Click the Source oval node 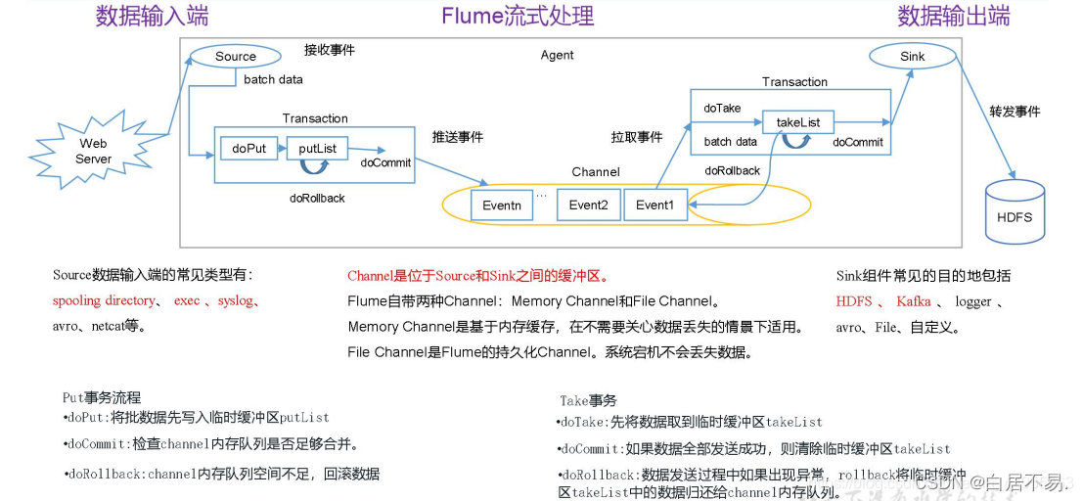235,57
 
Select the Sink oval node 912,57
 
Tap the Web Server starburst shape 94,152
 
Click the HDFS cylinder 1014,212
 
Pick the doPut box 248,149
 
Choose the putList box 317,149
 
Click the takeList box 798,122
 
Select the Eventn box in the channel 502,205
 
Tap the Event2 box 588,205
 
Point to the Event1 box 654,205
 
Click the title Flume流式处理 518,17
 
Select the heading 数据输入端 152,17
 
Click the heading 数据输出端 953,17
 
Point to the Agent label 557,56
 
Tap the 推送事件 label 458,137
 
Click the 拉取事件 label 637,137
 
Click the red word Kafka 913,301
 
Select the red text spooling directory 104,300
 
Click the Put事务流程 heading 102,397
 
